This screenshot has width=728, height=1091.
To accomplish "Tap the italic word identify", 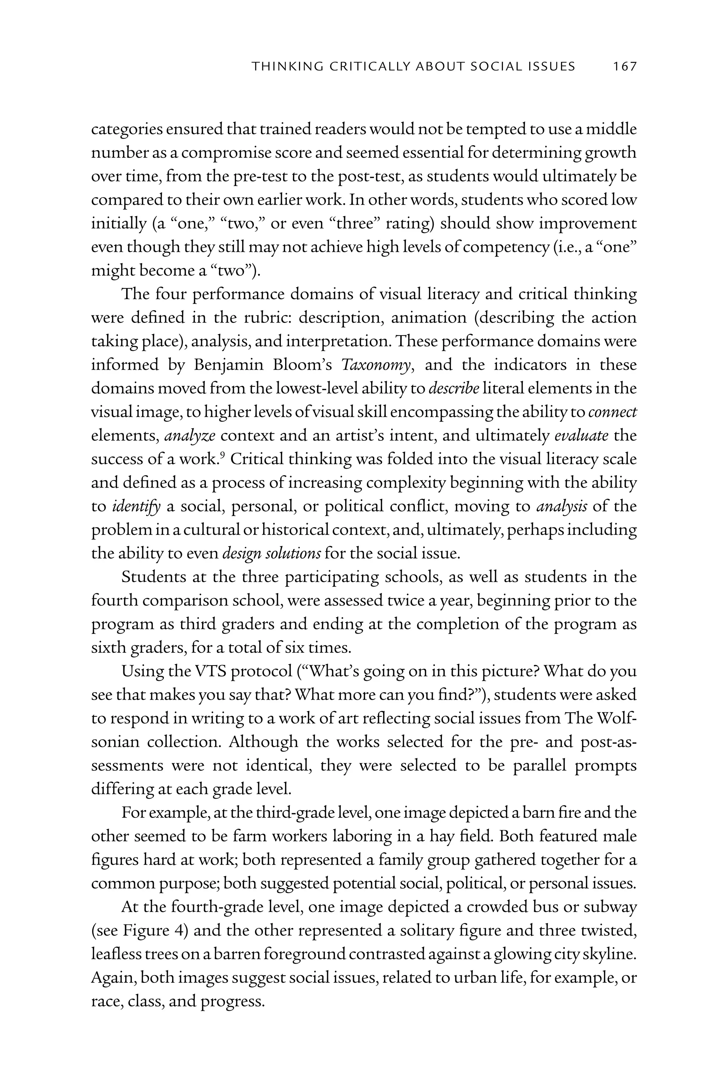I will coord(136,506).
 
